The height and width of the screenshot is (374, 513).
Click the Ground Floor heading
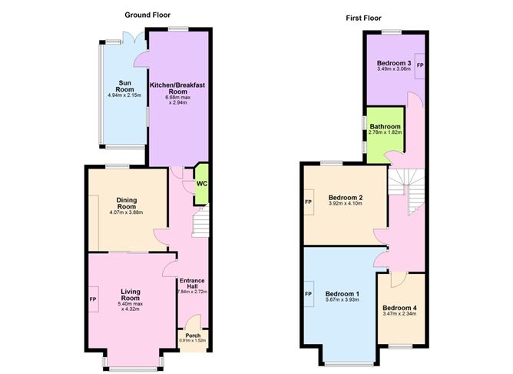147,15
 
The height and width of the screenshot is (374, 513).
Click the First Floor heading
363,18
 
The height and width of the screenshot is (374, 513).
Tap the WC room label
202,184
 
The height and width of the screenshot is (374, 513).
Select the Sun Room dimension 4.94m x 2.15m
124,95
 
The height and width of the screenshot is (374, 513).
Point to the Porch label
193,336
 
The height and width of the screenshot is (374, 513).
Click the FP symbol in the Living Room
94,299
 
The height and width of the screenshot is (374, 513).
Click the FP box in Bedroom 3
420,65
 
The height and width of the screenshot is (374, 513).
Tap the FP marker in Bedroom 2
309,202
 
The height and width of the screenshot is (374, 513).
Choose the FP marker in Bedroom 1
309,294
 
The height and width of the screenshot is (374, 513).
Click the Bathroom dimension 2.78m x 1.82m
385,132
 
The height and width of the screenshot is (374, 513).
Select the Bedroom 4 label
399,308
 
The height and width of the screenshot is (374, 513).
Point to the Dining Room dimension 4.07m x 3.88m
127,212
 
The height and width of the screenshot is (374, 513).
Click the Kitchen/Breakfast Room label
177,88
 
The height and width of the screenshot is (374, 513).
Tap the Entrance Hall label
192,283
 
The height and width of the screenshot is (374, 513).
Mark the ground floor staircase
200,221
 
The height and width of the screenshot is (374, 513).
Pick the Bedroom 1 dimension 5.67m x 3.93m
343,299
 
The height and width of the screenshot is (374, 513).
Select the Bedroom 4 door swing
398,279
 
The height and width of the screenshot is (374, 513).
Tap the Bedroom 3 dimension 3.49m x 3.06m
394,68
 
